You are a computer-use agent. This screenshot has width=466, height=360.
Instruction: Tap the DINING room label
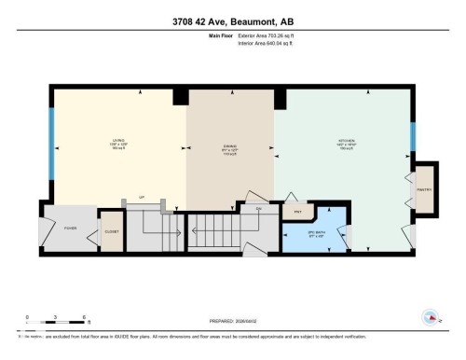coord(228,145)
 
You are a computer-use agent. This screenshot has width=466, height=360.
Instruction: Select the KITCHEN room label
coord(345,143)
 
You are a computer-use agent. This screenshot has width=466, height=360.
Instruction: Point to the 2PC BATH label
coord(314,233)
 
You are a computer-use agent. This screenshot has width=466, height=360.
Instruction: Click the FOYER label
coord(70,228)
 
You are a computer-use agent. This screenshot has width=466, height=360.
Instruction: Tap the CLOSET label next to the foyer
coord(111,230)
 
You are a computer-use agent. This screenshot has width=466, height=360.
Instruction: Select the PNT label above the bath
coord(297,212)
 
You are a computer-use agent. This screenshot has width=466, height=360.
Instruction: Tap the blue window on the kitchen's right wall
coord(412,136)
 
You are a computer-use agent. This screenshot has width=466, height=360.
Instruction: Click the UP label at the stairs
coord(142,198)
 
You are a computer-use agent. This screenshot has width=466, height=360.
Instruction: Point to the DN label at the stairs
coord(257,209)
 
